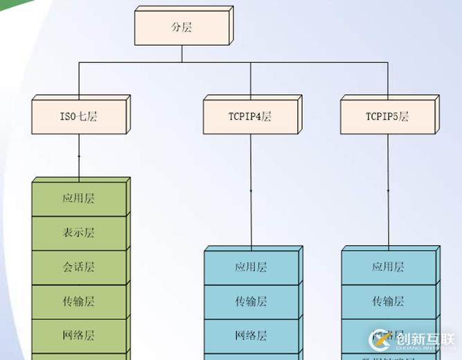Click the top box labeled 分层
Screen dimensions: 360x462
pos(181,28)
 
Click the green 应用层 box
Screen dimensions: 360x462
pos(78,199)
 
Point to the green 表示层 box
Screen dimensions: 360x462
pos(78,233)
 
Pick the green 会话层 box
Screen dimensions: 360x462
pos(78,267)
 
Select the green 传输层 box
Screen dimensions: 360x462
pos(78,301)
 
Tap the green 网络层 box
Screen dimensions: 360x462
pos(78,336)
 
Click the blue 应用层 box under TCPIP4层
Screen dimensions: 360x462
pos(251,267)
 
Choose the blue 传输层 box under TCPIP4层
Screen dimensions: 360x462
pos(251,302)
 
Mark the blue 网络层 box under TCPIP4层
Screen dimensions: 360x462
pos(251,336)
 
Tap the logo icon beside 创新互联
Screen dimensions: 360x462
pos(381,339)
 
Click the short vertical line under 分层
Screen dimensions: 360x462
pos(181,54)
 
